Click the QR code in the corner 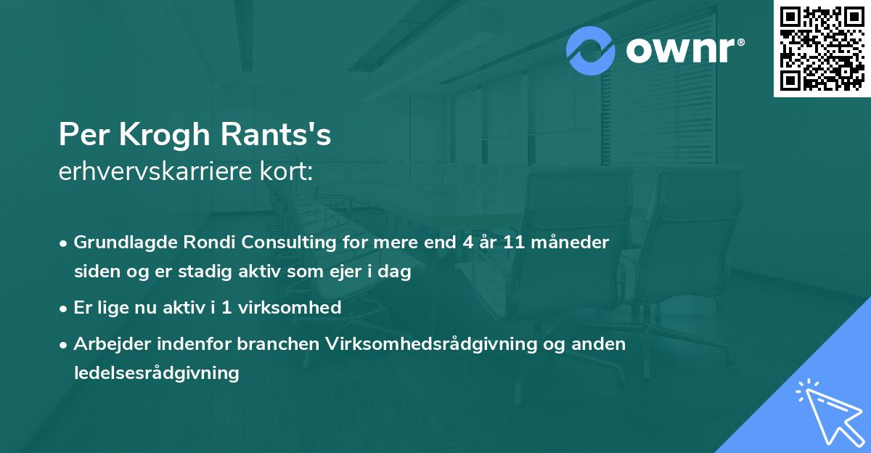[822, 49]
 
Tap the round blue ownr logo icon [591, 51]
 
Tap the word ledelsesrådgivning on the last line [156, 373]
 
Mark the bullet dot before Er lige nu [65, 308]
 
